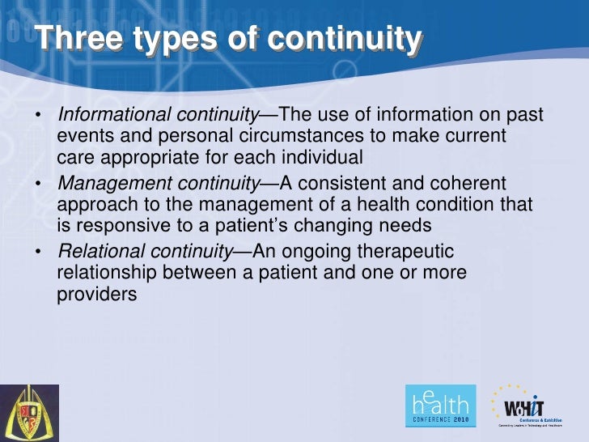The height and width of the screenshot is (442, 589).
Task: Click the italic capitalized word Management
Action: point(108,183)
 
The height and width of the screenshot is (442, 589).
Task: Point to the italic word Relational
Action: point(99,252)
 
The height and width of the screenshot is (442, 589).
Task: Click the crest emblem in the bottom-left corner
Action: point(29,413)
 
